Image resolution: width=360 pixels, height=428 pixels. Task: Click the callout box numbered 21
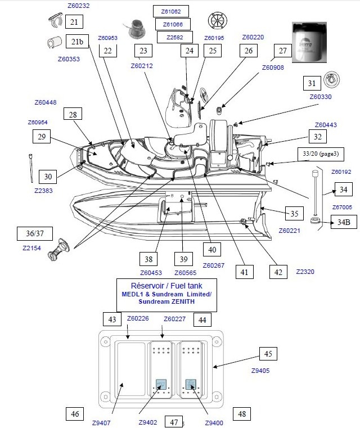tap(74, 22)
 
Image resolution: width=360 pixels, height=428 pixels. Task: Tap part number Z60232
tap(78, 6)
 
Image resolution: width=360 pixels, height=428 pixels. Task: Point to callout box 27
tap(282, 50)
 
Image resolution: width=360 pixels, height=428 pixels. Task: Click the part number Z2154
tap(31, 247)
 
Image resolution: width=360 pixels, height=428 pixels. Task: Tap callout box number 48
tap(241, 415)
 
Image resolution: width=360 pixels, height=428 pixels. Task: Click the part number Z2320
tap(305, 272)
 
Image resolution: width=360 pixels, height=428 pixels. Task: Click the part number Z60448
tap(46, 103)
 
